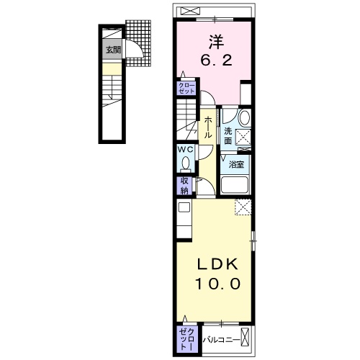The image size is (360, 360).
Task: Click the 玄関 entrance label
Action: point(113,50)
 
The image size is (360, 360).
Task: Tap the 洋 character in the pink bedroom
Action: point(216,42)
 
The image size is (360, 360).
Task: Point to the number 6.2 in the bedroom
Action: point(216,60)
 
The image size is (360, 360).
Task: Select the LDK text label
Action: point(217,264)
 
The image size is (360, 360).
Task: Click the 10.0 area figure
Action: point(217,284)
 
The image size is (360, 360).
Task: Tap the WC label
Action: point(185,150)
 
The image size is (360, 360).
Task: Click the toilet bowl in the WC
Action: point(185,163)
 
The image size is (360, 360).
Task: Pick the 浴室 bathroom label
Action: point(236,164)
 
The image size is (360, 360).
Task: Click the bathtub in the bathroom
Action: point(235,185)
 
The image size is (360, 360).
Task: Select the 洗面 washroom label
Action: point(228,136)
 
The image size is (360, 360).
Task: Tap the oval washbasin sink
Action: point(245,117)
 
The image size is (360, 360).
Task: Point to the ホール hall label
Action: point(207,127)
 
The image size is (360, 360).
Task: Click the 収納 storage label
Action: point(184,186)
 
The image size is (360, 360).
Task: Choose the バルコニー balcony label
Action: point(221,340)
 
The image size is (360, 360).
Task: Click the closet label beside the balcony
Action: point(187,339)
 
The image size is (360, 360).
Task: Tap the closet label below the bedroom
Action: point(186,88)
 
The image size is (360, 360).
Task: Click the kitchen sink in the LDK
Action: point(184,207)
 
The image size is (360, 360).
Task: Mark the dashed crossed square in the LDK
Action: point(243,207)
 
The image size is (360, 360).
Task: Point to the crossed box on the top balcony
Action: point(190,11)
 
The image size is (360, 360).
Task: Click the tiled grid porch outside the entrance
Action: point(138,43)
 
